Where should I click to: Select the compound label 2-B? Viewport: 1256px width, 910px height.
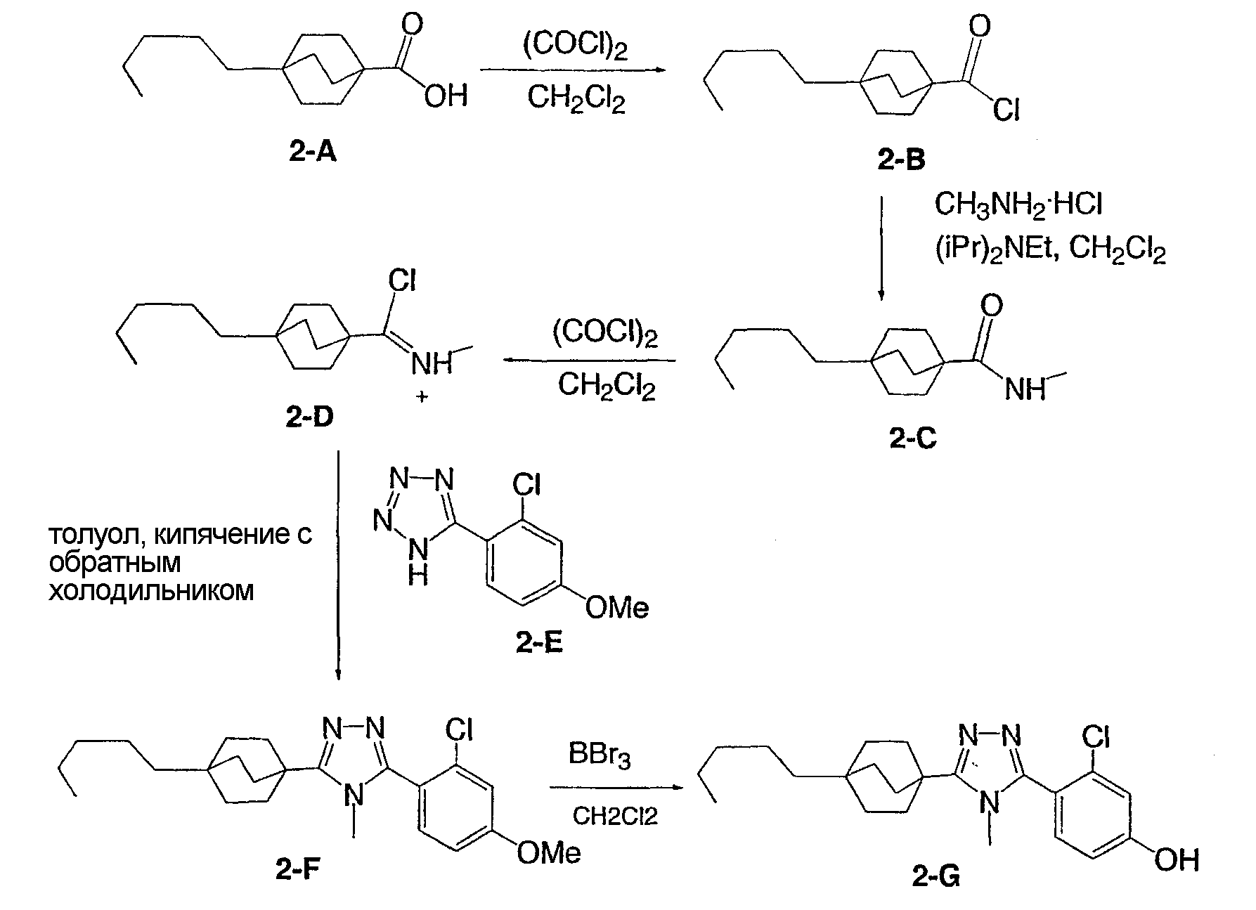click(902, 161)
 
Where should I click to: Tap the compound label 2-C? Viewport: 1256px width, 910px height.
click(913, 438)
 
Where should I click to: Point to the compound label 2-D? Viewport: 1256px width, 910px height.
click(310, 417)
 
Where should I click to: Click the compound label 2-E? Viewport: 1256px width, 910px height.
click(539, 642)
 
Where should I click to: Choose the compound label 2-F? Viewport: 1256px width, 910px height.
click(299, 871)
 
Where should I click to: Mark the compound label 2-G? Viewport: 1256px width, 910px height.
click(937, 876)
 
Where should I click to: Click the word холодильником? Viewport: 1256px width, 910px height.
click(150, 590)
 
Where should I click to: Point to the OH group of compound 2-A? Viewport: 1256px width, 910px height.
click(446, 94)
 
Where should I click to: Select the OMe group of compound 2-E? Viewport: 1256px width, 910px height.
click(617, 607)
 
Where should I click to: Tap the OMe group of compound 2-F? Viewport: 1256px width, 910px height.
click(549, 852)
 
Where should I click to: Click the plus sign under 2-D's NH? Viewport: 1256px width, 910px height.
click(422, 397)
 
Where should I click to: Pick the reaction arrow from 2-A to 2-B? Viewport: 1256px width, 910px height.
click(572, 70)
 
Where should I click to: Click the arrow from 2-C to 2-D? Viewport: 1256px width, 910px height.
click(589, 360)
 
